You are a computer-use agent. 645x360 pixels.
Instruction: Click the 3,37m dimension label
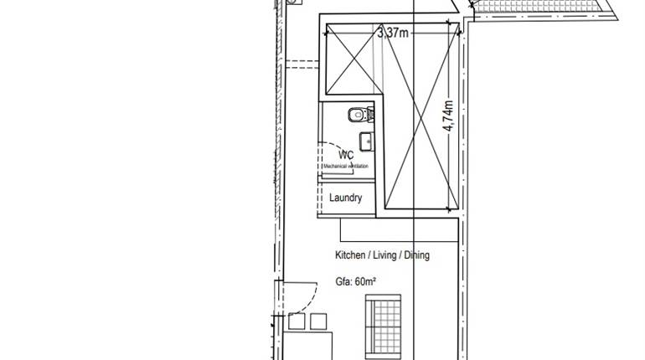coord(393,33)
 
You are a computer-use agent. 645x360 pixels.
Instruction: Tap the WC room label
coord(345,155)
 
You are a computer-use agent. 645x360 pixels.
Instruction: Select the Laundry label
coord(345,198)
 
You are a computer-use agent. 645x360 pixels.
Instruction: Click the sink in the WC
coord(366,140)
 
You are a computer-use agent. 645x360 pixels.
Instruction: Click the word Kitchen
coord(350,255)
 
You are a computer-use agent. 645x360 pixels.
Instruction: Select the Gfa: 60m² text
coord(354,281)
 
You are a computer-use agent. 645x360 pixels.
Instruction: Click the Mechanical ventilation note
coord(345,167)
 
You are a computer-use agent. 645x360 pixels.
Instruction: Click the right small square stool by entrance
coord(317,321)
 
